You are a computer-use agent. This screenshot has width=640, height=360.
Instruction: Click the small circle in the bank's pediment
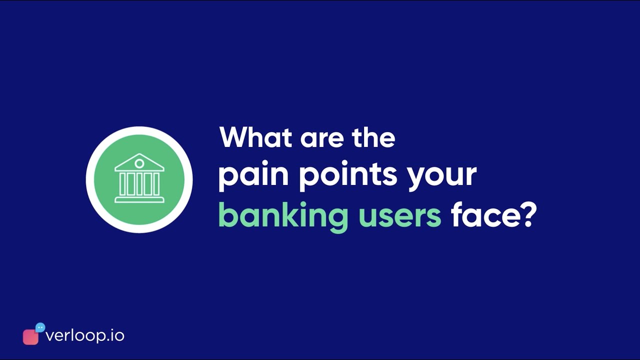click(x=139, y=163)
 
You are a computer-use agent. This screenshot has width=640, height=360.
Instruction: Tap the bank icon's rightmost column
click(x=156, y=184)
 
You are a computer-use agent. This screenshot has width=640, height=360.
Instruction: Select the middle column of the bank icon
click(x=139, y=184)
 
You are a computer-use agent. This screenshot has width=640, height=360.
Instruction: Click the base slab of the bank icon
click(x=139, y=200)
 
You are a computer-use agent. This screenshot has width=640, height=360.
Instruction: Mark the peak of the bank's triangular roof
click(x=139, y=155)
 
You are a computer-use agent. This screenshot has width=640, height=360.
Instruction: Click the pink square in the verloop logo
click(x=30, y=337)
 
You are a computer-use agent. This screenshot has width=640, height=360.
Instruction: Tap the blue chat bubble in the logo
click(x=40, y=327)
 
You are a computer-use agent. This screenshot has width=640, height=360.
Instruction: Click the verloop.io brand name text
click(x=84, y=335)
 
